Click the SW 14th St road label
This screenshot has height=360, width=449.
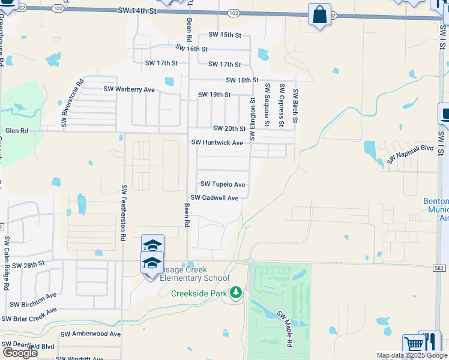(137, 11)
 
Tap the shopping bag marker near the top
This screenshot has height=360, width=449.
(319, 13)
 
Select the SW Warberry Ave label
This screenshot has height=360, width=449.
(129, 89)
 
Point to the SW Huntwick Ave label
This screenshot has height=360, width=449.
(217, 143)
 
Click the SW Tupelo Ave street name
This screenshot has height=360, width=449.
(222, 184)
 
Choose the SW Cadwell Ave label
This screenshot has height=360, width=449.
(214, 197)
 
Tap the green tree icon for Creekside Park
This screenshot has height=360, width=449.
(237, 292)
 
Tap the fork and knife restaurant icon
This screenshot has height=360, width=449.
(430, 341)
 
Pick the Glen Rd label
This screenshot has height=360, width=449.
(16, 131)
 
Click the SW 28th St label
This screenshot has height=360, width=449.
(28, 264)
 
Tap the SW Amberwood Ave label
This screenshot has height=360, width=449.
(91, 334)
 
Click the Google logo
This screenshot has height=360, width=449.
(20, 353)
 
